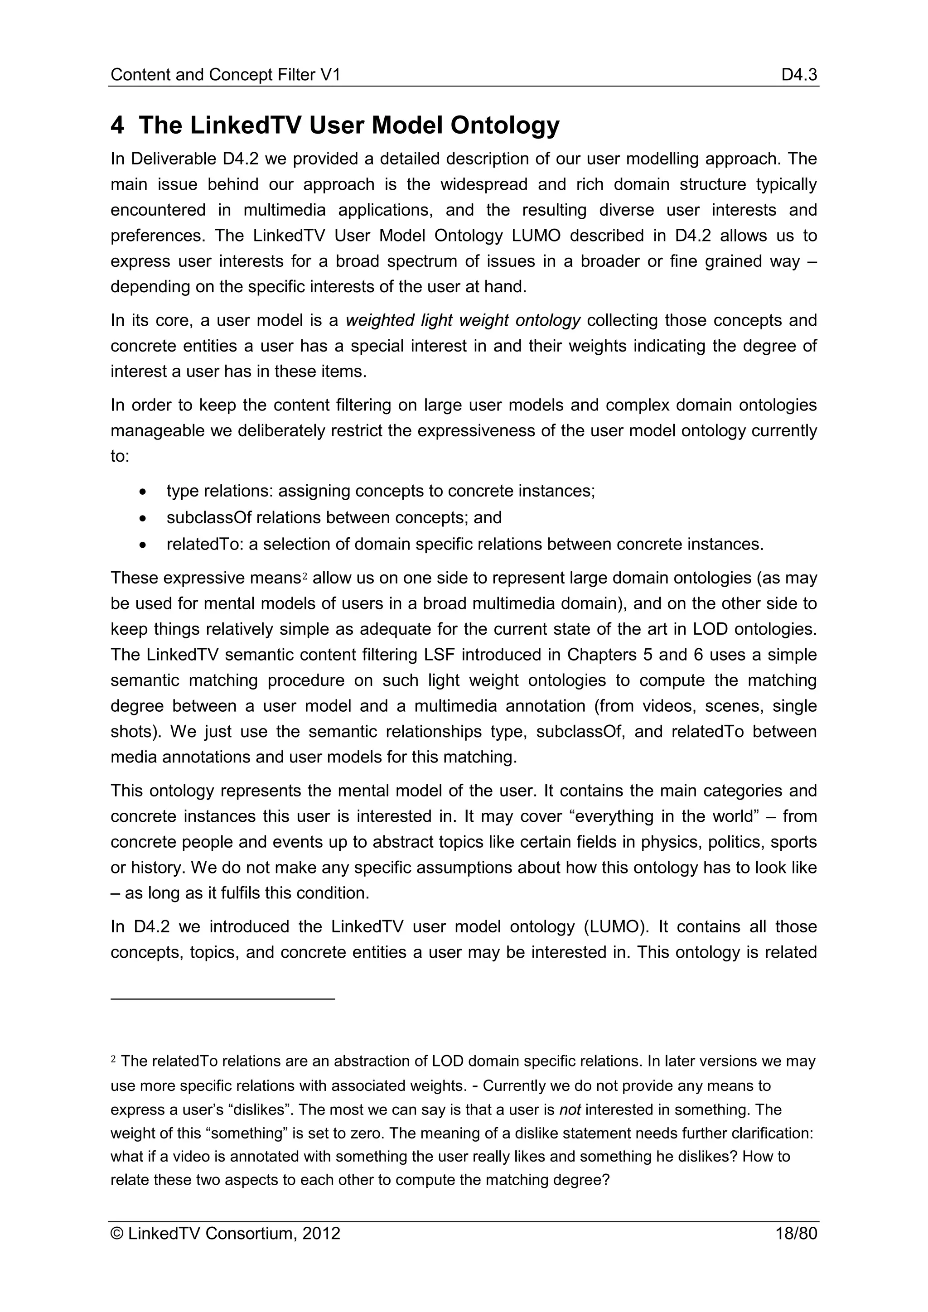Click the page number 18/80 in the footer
[x=796, y=1234]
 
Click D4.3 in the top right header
[x=799, y=75]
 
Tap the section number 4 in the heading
[x=117, y=125]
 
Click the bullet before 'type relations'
[x=143, y=492]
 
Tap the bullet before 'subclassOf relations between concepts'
[x=143, y=518]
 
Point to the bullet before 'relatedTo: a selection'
[x=143, y=545]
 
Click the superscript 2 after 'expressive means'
[x=304, y=575]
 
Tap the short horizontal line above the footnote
[x=222, y=998]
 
